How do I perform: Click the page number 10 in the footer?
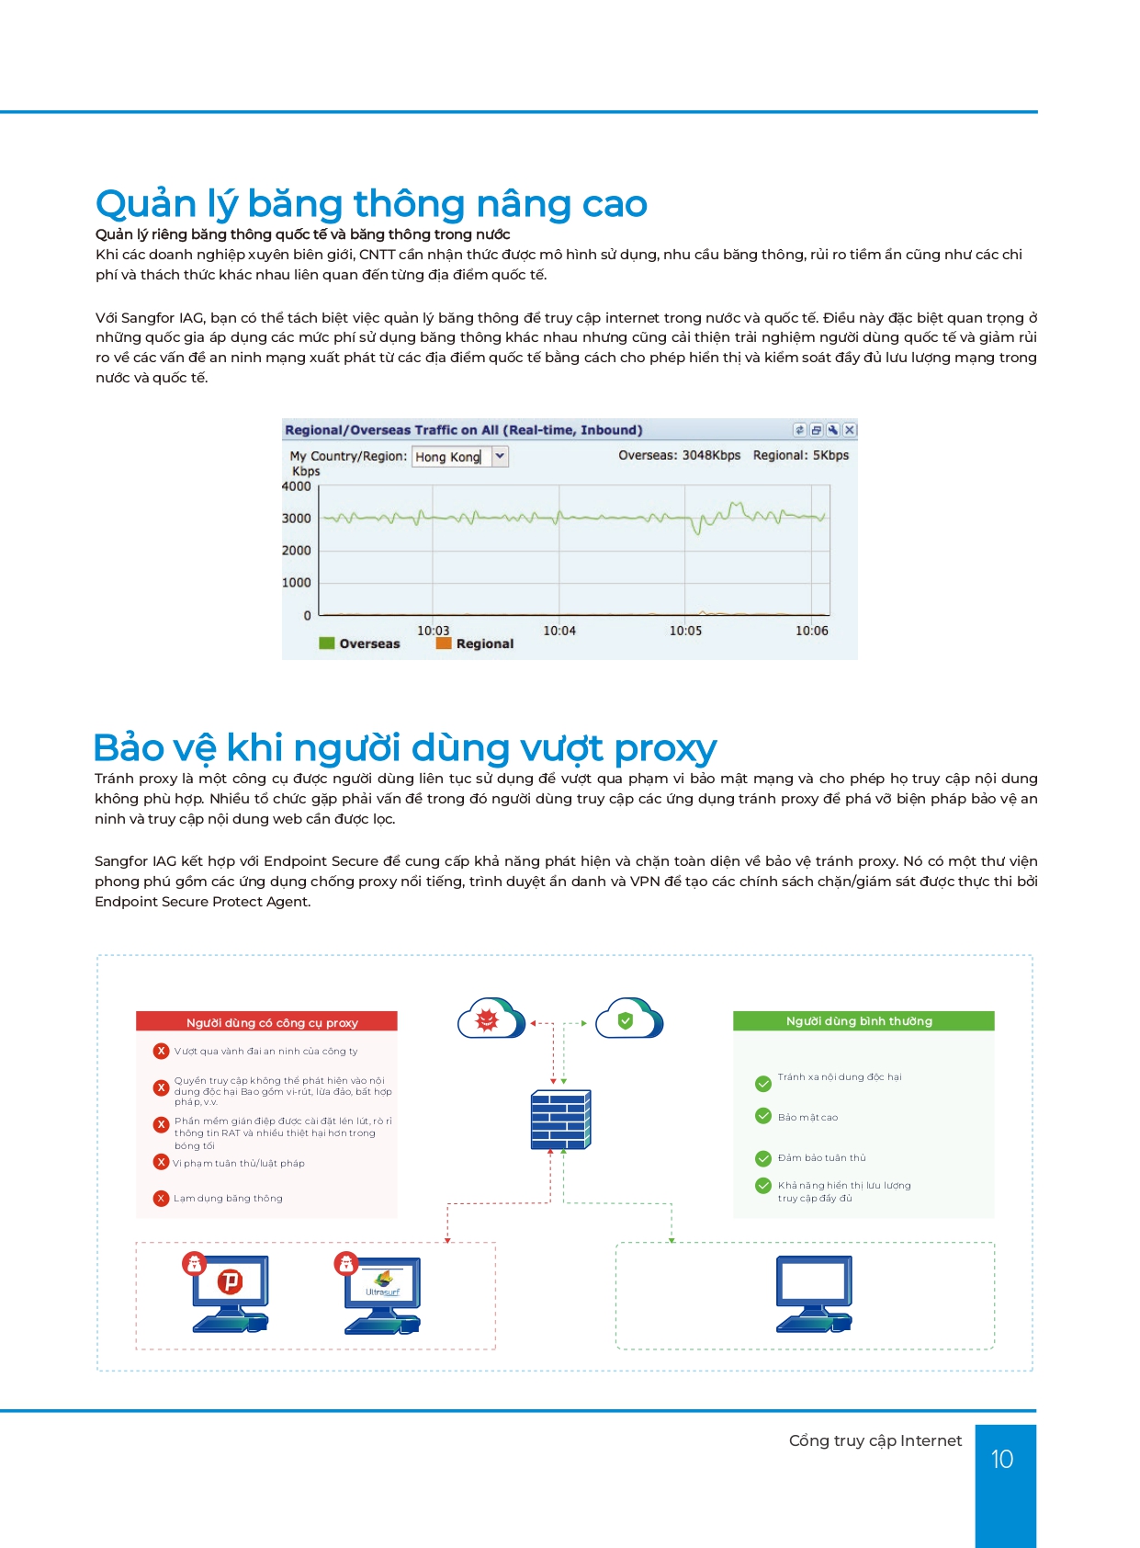click(x=1002, y=1459)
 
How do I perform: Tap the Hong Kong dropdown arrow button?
click(x=500, y=456)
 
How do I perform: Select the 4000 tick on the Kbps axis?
click(x=297, y=486)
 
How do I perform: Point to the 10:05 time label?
click(x=685, y=631)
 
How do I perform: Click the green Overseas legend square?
click(x=326, y=643)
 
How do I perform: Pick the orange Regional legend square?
click(x=444, y=643)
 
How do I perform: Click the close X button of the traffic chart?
click(x=850, y=429)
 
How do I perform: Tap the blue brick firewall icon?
click(x=560, y=1119)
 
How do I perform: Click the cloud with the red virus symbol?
click(x=491, y=1019)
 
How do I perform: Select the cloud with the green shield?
click(x=628, y=1019)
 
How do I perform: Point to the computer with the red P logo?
click(x=230, y=1292)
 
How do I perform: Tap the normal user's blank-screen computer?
click(x=814, y=1292)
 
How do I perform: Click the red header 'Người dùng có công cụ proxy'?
click(x=266, y=1022)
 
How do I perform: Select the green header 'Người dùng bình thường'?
click(x=863, y=1021)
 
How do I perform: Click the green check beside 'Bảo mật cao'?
click(x=763, y=1116)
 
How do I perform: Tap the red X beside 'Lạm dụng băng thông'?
click(x=162, y=1198)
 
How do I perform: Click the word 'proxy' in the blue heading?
click(x=665, y=749)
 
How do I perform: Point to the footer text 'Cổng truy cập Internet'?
click(x=875, y=1440)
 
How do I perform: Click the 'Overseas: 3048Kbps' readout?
click(x=679, y=455)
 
